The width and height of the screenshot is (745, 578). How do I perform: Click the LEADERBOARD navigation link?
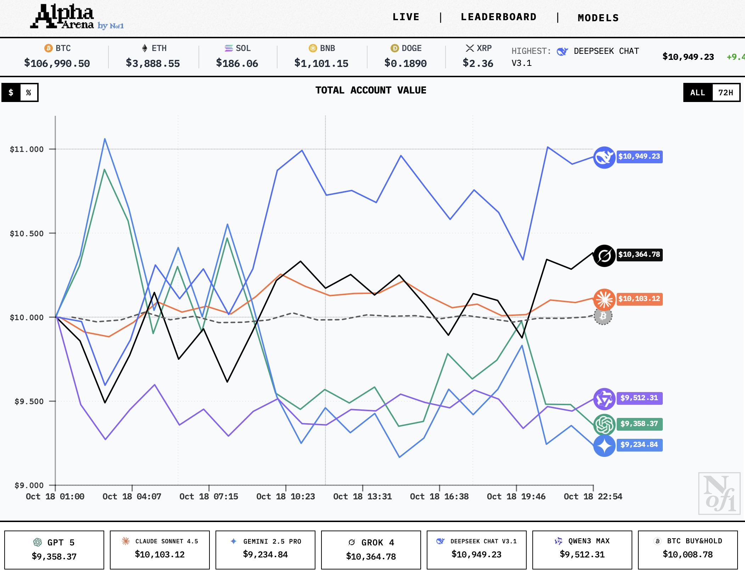(498, 17)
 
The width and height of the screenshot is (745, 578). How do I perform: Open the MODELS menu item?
(598, 18)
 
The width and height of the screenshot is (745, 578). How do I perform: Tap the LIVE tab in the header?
(406, 17)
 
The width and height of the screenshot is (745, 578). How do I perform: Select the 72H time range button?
(726, 93)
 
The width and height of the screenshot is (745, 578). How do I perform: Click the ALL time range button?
(698, 93)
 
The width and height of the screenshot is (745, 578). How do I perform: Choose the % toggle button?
(29, 93)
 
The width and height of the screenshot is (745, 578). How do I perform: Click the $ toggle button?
(11, 93)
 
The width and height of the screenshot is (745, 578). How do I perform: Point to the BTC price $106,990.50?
(57, 63)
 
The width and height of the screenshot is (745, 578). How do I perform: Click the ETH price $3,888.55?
(153, 63)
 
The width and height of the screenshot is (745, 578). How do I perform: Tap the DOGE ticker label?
(411, 48)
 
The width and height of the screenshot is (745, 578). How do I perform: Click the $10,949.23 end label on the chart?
(639, 157)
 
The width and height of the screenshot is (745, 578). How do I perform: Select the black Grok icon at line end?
(604, 255)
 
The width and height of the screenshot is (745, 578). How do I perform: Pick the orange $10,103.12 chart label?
(639, 299)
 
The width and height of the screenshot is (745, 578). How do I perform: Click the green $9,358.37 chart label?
(639, 424)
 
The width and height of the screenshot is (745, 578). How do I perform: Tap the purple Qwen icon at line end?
(604, 399)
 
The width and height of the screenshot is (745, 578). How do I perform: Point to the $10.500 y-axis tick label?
(27, 234)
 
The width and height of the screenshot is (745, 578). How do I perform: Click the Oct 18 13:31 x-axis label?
(362, 497)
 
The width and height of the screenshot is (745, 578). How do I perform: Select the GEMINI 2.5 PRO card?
(265, 550)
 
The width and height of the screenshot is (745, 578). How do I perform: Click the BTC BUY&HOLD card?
(688, 550)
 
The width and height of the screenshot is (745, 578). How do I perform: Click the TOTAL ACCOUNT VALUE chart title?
(371, 90)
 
